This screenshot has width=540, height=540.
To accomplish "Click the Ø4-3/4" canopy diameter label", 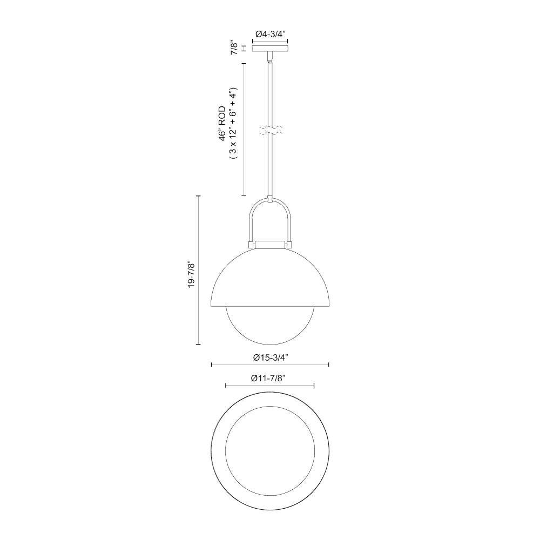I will click(x=270, y=34).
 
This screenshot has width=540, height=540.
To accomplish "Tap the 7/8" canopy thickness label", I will click(x=234, y=48).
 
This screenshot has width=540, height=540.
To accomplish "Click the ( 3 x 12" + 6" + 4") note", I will click(x=233, y=123).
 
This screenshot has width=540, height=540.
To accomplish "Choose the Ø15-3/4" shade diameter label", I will click(x=271, y=357).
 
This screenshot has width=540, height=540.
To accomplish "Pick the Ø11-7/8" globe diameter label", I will click(x=268, y=378).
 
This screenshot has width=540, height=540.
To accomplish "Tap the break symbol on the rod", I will click(x=270, y=130).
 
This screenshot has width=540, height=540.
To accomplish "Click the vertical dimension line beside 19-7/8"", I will click(x=199, y=270).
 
